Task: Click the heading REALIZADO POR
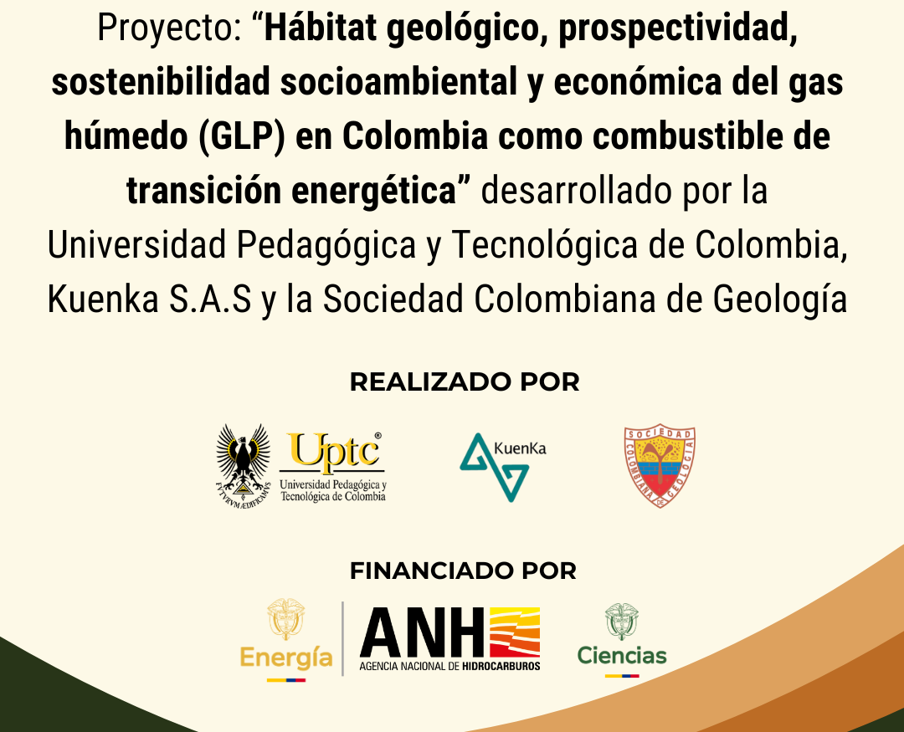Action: click(464, 382)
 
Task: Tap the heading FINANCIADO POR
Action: click(463, 571)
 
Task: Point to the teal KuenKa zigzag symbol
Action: click(494, 468)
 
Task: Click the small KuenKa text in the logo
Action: click(520, 448)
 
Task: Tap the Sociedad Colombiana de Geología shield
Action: click(660, 467)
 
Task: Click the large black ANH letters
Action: click(422, 632)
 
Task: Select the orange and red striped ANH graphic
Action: click(515, 632)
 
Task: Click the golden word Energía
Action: click(286, 657)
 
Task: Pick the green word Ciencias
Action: click(621, 655)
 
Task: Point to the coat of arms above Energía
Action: click(286, 618)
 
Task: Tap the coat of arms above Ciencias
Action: click(621, 622)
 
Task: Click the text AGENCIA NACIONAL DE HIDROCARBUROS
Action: click(449, 666)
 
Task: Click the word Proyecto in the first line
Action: click(169, 28)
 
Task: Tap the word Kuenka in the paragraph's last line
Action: click(103, 299)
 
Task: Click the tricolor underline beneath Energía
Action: click(286, 680)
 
